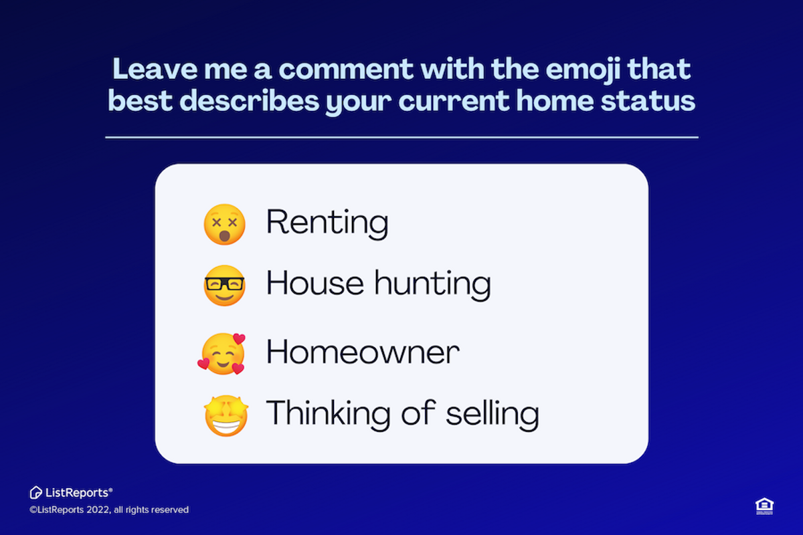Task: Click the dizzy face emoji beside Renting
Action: tap(225, 224)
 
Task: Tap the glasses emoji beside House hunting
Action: tap(225, 286)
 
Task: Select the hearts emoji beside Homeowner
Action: tap(222, 354)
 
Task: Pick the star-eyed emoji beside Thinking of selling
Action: tap(226, 415)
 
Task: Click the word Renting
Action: tap(327, 222)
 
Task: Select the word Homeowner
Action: tap(363, 352)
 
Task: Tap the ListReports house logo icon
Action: tap(36, 493)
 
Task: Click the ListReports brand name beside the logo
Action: tap(76, 493)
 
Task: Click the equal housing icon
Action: tap(764, 506)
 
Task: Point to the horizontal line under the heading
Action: tap(401, 137)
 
